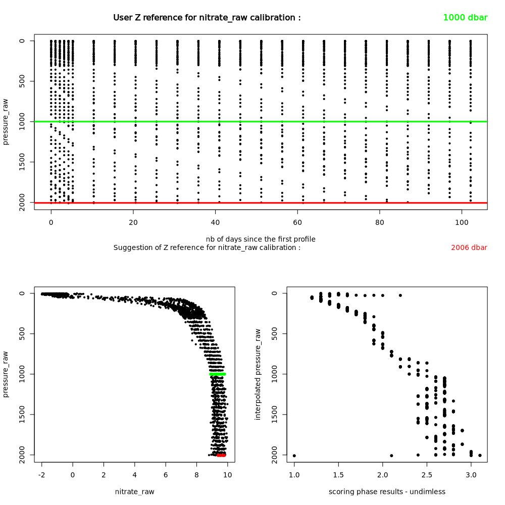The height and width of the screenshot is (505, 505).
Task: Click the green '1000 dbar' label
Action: click(465, 18)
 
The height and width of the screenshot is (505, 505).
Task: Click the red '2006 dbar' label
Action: click(469, 248)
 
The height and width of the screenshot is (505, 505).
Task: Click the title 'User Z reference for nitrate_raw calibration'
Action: click(207, 18)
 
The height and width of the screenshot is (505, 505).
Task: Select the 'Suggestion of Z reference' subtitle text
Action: click(207, 247)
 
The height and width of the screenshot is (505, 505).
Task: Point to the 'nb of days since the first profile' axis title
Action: click(260, 239)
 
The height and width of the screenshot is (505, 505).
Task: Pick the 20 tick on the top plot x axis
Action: click(133, 222)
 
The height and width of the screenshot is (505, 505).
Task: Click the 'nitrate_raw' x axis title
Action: click(135, 491)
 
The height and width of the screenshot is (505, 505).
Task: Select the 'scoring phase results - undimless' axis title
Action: click(387, 491)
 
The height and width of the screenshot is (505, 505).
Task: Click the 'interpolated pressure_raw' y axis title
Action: click(258, 374)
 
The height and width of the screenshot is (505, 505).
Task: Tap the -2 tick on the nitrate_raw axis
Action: click(41, 475)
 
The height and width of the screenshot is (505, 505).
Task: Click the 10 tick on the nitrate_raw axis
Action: click(228, 475)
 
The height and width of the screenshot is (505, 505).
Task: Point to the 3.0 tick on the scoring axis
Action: click(471, 475)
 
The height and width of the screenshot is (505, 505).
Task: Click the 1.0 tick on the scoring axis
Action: click(294, 475)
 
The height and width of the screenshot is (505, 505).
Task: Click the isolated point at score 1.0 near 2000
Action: click(294, 456)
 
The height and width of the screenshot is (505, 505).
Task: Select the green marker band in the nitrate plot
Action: click(218, 374)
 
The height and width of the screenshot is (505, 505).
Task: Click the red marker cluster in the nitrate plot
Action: click(221, 455)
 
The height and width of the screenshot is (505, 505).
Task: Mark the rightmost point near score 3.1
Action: click(480, 456)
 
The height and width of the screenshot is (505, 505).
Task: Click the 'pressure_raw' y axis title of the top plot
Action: click(6, 122)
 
